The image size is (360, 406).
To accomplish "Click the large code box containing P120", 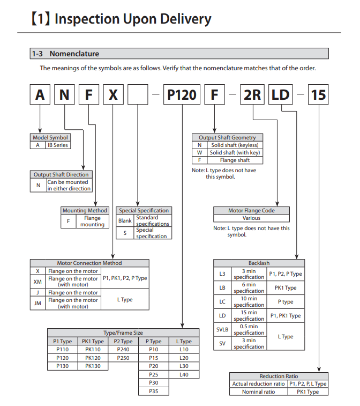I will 182,95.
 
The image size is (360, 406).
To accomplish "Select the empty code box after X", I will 138,95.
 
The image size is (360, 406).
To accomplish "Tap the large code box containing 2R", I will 252,95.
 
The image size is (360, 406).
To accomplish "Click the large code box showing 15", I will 318,95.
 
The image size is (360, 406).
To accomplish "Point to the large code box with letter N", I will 64,95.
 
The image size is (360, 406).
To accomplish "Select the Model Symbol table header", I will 50,137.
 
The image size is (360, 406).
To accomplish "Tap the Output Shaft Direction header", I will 61,174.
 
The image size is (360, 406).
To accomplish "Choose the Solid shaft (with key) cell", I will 234,152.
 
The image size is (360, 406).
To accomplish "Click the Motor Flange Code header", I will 251,211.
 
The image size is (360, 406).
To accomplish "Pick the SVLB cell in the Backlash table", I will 222,330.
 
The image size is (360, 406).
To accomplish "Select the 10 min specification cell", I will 249,301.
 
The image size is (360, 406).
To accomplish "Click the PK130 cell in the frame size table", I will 93,366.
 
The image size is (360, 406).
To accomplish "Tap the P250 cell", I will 123,357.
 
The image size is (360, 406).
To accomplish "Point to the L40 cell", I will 184,374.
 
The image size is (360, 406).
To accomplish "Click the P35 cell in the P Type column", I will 153,392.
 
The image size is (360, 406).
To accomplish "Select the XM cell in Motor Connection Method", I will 37,282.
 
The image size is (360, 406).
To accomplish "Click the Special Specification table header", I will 144,210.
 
